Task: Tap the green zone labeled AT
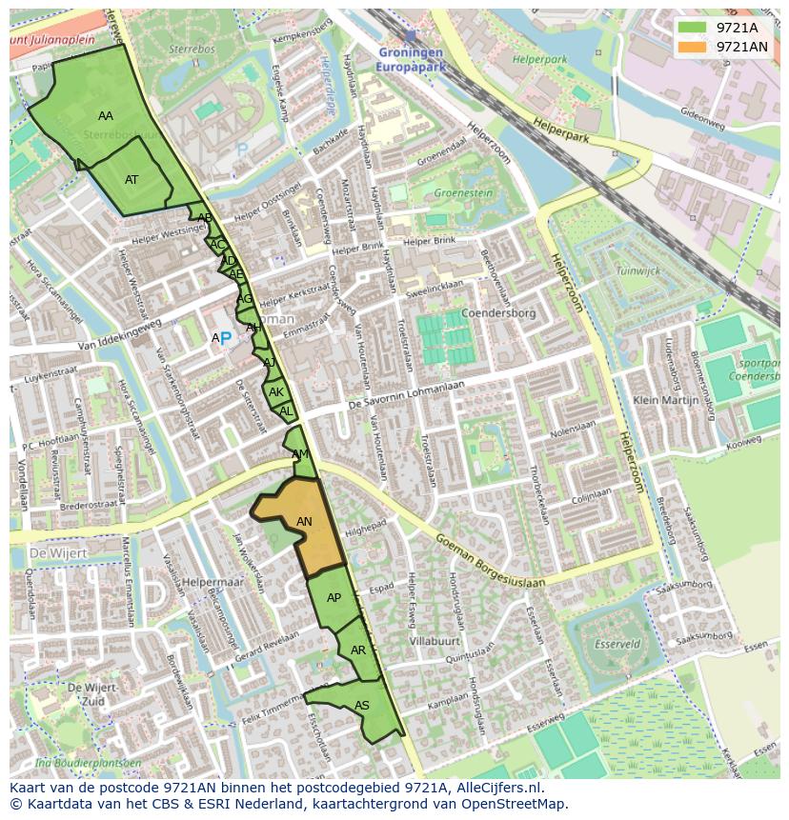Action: coord(131,179)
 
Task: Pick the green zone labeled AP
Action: coord(333,598)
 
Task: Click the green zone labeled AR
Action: coord(358,650)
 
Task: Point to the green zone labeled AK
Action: coord(275,392)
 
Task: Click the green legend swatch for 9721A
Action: coord(694,28)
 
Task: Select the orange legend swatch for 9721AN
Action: coord(694,46)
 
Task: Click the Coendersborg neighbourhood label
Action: coord(497,312)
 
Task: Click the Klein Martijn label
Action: coord(666,401)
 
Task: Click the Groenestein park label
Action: coord(463,192)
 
